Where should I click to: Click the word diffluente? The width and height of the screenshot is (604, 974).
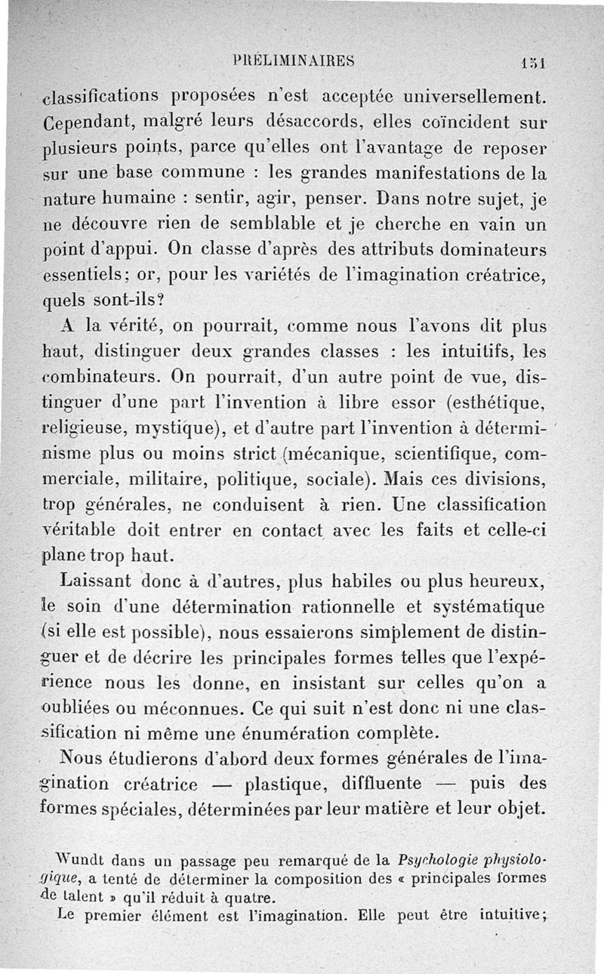click(x=368, y=783)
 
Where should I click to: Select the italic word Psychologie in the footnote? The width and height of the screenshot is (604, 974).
click(x=444, y=858)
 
